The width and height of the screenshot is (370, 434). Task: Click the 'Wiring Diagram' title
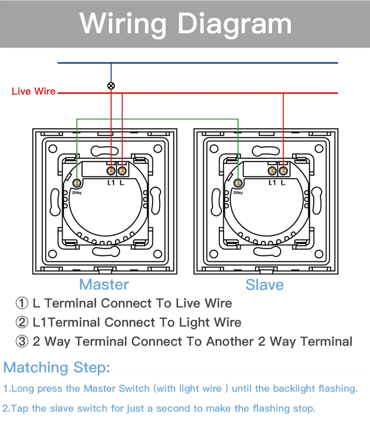click(x=185, y=24)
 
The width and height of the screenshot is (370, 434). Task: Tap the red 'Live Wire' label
click(x=34, y=91)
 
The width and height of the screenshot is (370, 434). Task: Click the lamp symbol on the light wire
click(x=111, y=86)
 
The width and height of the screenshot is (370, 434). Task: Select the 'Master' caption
click(x=104, y=284)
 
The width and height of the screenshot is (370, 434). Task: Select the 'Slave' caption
click(x=264, y=285)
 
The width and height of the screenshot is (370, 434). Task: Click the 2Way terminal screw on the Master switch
click(x=77, y=182)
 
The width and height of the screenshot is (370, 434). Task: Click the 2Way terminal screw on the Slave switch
click(x=238, y=182)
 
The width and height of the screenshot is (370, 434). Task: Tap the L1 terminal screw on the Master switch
click(x=111, y=170)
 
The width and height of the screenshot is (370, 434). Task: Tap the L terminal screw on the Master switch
click(x=122, y=170)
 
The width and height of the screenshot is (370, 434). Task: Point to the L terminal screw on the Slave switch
click(x=283, y=170)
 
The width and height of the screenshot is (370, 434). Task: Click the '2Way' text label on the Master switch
click(x=77, y=193)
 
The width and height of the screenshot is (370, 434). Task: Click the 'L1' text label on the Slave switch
click(x=272, y=183)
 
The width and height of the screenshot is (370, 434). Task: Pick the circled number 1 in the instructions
click(x=22, y=303)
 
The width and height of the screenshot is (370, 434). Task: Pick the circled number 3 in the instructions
click(x=22, y=341)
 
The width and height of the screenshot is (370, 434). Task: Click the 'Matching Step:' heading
click(x=56, y=368)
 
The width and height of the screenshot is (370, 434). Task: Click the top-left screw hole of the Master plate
click(x=53, y=149)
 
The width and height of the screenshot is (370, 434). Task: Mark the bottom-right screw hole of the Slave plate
click(x=319, y=254)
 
